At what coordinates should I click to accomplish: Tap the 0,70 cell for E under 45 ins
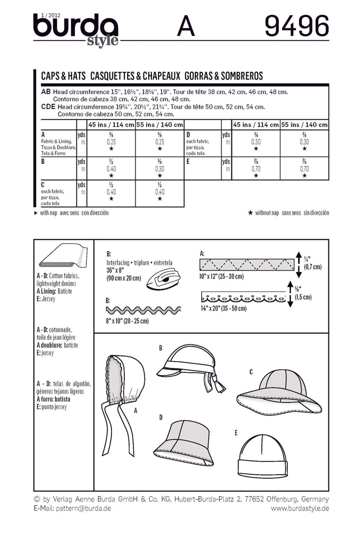pyautogui.click(x=256, y=169)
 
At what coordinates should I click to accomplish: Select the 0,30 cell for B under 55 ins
pyautogui.click(x=159, y=169)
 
